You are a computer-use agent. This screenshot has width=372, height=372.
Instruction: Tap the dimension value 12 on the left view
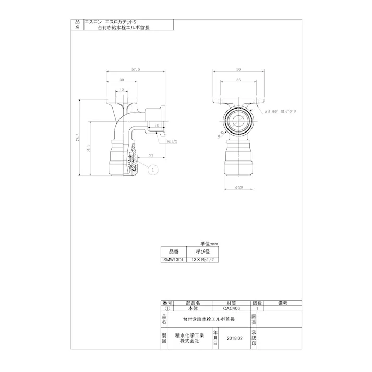pyautogui.click(x=121, y=90)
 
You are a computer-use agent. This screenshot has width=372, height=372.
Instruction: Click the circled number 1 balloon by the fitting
pyautogui.click(x=153, y=170)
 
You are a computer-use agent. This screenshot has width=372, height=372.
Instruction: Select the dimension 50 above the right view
pyautogui.click(x=238, y=69)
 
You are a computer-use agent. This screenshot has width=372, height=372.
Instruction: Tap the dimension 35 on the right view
pyautogui.click(x=238, y=81)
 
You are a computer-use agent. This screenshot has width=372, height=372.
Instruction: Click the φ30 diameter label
pyautogui.click(x=221, y=135)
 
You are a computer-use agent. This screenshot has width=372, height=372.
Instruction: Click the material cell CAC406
pyautogui.click(x=230, y=308)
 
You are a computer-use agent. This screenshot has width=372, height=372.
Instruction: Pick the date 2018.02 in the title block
pyautogui.click(x=235, y=338)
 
